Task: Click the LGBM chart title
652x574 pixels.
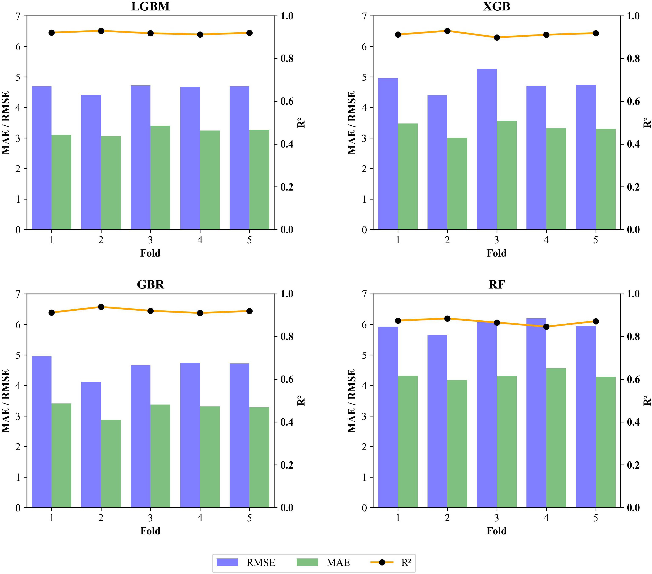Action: point(150,6)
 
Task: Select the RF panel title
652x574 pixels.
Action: point(496,284)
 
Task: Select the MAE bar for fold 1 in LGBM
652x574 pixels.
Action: point(61,182)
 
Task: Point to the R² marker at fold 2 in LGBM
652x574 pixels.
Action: point(101,31)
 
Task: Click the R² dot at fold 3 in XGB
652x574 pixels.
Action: point(497,37)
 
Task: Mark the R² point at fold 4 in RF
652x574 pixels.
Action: point(546,327)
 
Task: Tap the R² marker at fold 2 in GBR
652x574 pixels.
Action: point(101,307)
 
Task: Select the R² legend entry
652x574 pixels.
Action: point(391,563)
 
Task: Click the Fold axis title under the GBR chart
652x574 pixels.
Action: point(150,531)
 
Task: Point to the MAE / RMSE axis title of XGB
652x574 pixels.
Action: point(352,123)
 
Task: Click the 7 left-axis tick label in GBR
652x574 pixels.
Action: point(18,294)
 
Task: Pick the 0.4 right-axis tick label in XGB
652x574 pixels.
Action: point(633,144)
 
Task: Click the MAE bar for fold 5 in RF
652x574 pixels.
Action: point(605,442)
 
